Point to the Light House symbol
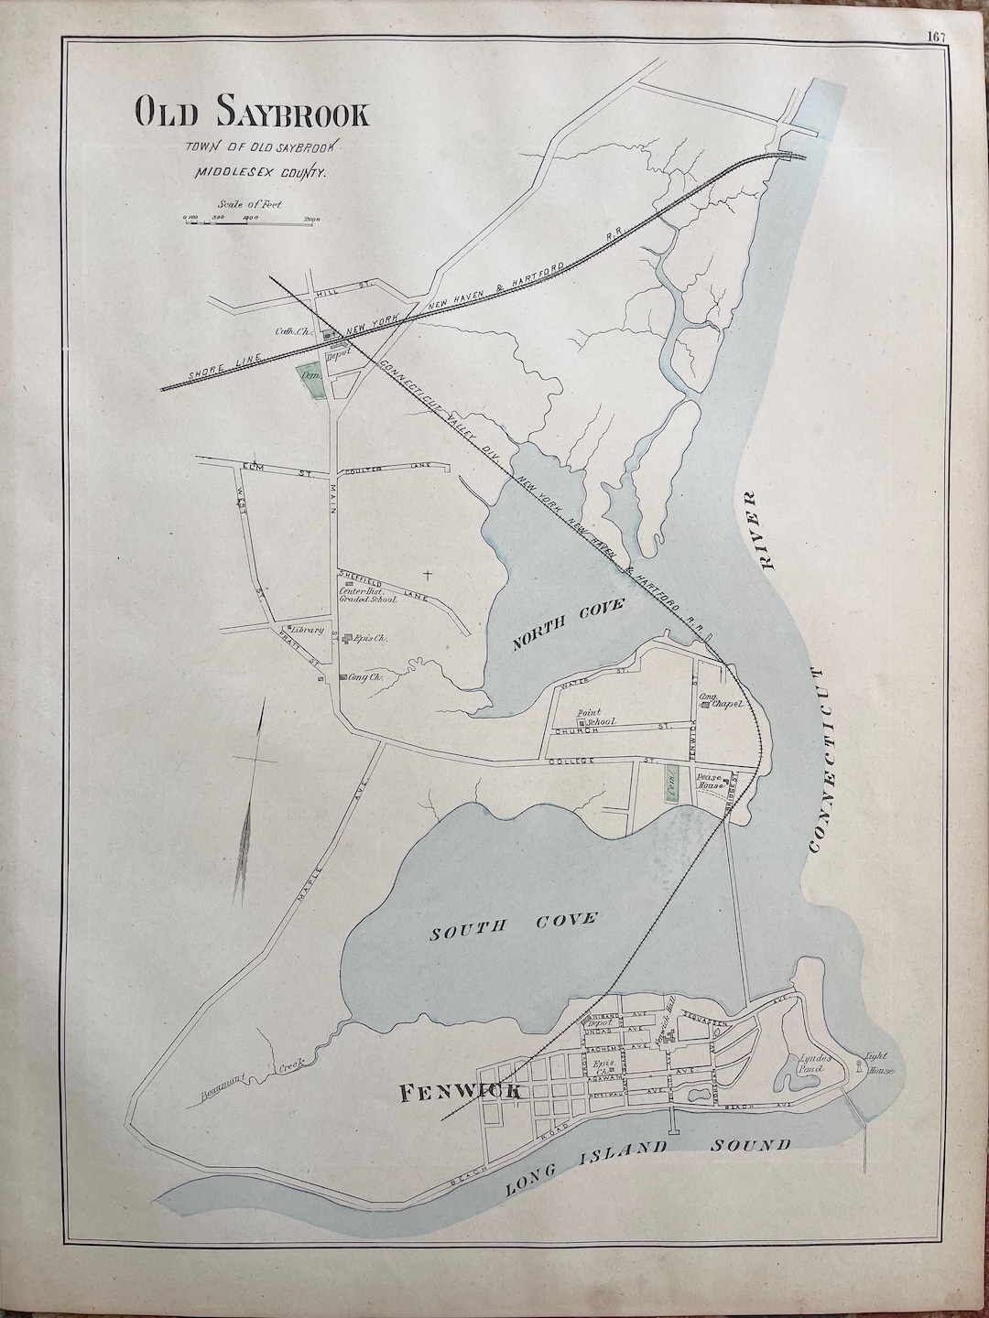coord(859,1064)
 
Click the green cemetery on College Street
coord(673,783)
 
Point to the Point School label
coord(592,717)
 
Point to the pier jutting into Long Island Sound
coord(673,1118)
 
